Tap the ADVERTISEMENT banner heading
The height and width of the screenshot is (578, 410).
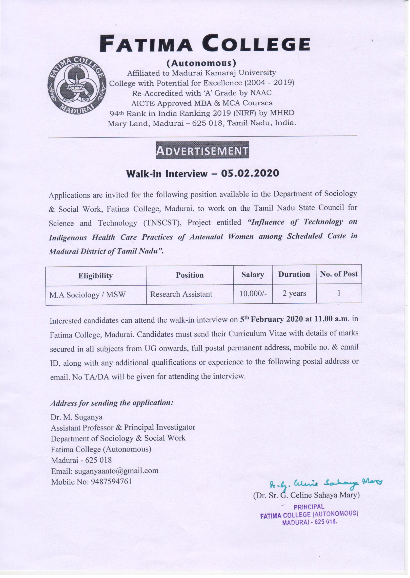pyautogui.click(x=203, y=150)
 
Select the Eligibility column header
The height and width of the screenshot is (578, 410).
pyautogui.click(x=95, y=276)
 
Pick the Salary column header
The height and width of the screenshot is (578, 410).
pyautogui.click(x=253, y=275)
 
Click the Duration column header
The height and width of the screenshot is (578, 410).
pyautogui.click(x=294, y=274)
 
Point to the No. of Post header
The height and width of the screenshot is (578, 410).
pyautogui.click(x=339, y=274)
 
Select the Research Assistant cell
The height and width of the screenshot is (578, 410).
pyautogui.click(x=181, y=294)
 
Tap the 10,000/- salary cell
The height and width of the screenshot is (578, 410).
pyautogui.click(x=253, y=293)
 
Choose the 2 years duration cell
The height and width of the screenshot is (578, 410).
pyautogui.click(x=294, y=293)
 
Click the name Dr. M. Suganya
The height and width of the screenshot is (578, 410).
pyautogui.click(x=77, y=417)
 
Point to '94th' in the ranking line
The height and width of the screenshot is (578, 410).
pyautogui.click(x=116, y=113)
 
